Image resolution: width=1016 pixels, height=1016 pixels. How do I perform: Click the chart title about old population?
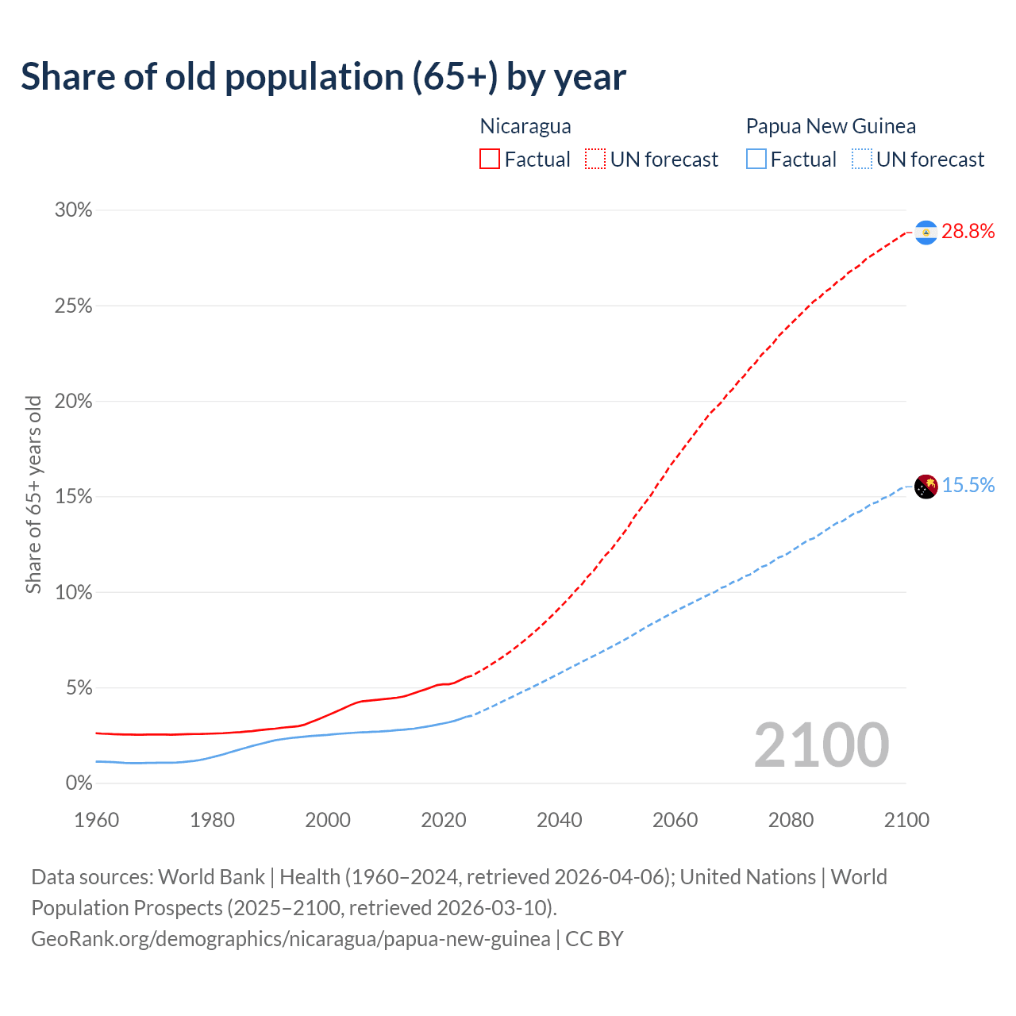[x=323, y=77]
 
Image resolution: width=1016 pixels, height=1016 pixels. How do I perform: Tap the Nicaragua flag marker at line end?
[x=926, y=232]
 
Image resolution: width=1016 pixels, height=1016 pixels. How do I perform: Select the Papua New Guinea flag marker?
[x=926, y=487]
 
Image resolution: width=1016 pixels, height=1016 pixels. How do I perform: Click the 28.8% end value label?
[x=968, y=232]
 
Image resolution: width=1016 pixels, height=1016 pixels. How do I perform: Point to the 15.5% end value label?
[x=968, y=486]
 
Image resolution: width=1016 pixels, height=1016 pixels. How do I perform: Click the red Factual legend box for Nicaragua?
[x=490, y=160]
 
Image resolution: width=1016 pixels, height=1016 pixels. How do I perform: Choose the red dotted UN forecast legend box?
[x=595, y=160]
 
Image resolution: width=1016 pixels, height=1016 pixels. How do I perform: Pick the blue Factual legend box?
[x=756, y=160]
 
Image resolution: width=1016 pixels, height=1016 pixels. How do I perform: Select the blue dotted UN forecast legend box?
[x=862, y=160]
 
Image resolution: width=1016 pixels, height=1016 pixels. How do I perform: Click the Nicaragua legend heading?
[x=525, y=126]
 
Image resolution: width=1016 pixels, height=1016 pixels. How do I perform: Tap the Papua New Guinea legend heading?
[x=830, y=126]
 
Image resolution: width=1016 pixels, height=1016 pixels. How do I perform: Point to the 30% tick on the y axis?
[x=73, y=210]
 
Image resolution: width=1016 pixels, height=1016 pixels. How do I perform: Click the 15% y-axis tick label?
[x=73, y=497]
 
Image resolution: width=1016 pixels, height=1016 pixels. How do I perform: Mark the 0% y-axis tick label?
[x=79, y=783]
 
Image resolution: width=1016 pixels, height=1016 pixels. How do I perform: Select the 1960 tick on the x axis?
[x=96, y=820]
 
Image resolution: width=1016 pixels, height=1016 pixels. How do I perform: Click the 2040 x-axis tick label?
[x=559, y=820]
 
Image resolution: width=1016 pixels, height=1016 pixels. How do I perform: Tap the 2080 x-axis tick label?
[x=791, y=820]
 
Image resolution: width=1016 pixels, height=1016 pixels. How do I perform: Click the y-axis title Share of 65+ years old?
[x=33, y=495]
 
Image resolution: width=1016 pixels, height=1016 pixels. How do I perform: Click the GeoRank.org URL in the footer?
[x=291, y=939]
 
